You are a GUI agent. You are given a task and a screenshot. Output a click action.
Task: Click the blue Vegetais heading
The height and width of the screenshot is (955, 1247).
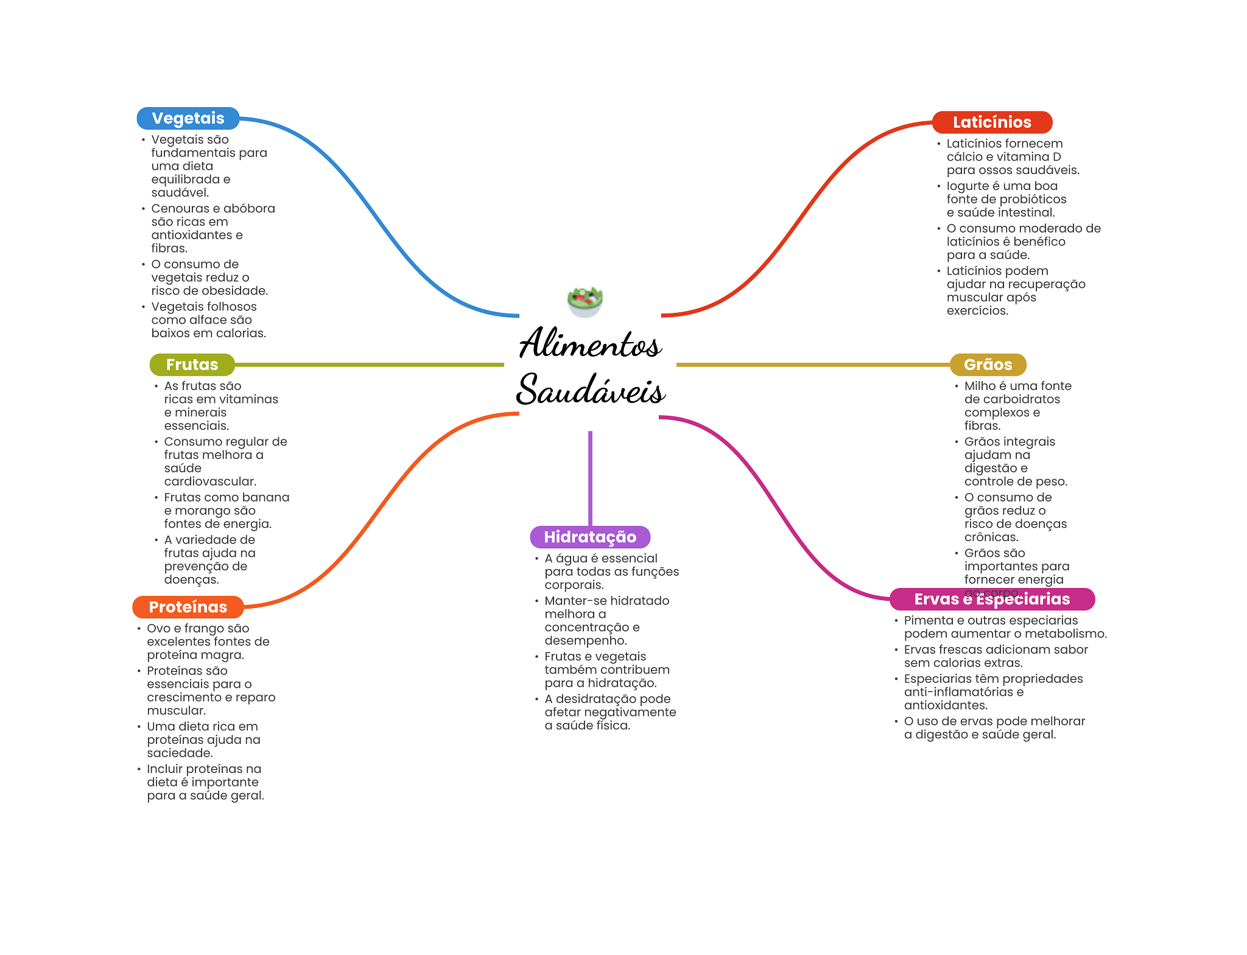pyautogui.click(x=188, y=118)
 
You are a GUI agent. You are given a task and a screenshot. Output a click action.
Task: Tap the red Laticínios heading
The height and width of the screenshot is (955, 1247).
pyautogui.click(x=991, y=122)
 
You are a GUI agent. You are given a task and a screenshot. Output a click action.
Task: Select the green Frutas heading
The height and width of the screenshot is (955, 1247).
pyautogui.click(x=192, y=365)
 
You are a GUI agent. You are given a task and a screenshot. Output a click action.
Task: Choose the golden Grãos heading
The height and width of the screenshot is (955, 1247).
pyautogui.click(x=988, y=365)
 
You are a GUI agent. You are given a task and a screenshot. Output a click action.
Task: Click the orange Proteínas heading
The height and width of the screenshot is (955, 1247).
pyautogui.click(x=188, y=607)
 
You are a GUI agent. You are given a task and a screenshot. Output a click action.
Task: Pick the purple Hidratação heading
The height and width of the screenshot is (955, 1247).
pyautogui.click(x=589, y=537)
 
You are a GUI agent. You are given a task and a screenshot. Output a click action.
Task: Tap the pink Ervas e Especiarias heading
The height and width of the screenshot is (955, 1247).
pyautogui.click(x=991, y=599)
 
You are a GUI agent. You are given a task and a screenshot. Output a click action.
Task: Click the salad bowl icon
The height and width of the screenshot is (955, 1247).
pyautogui.click(x=585, y=301)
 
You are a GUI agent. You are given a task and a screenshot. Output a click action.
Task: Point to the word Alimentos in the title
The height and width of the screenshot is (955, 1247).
pyautogui.click(x=589, y=344)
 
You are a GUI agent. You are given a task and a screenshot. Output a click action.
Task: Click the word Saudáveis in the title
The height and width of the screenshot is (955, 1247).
pyautogui.click(x=589, y=390)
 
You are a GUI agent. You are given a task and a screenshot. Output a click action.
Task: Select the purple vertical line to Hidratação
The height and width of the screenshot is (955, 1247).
pyautogui.click(x=590, y=478)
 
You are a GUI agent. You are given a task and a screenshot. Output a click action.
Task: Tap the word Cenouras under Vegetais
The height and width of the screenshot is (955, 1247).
pyautogui.click(x=180, y=209)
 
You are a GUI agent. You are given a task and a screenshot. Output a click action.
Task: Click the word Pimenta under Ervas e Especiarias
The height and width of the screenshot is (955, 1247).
pyautogui.click(x=929, y=621)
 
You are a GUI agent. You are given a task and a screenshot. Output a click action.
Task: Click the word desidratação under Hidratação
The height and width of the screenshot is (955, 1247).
pyautogui.click(x=596, y=699)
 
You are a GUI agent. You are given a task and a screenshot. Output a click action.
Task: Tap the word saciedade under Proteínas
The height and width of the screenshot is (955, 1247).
pyautogui.click(x=180, y=754)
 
